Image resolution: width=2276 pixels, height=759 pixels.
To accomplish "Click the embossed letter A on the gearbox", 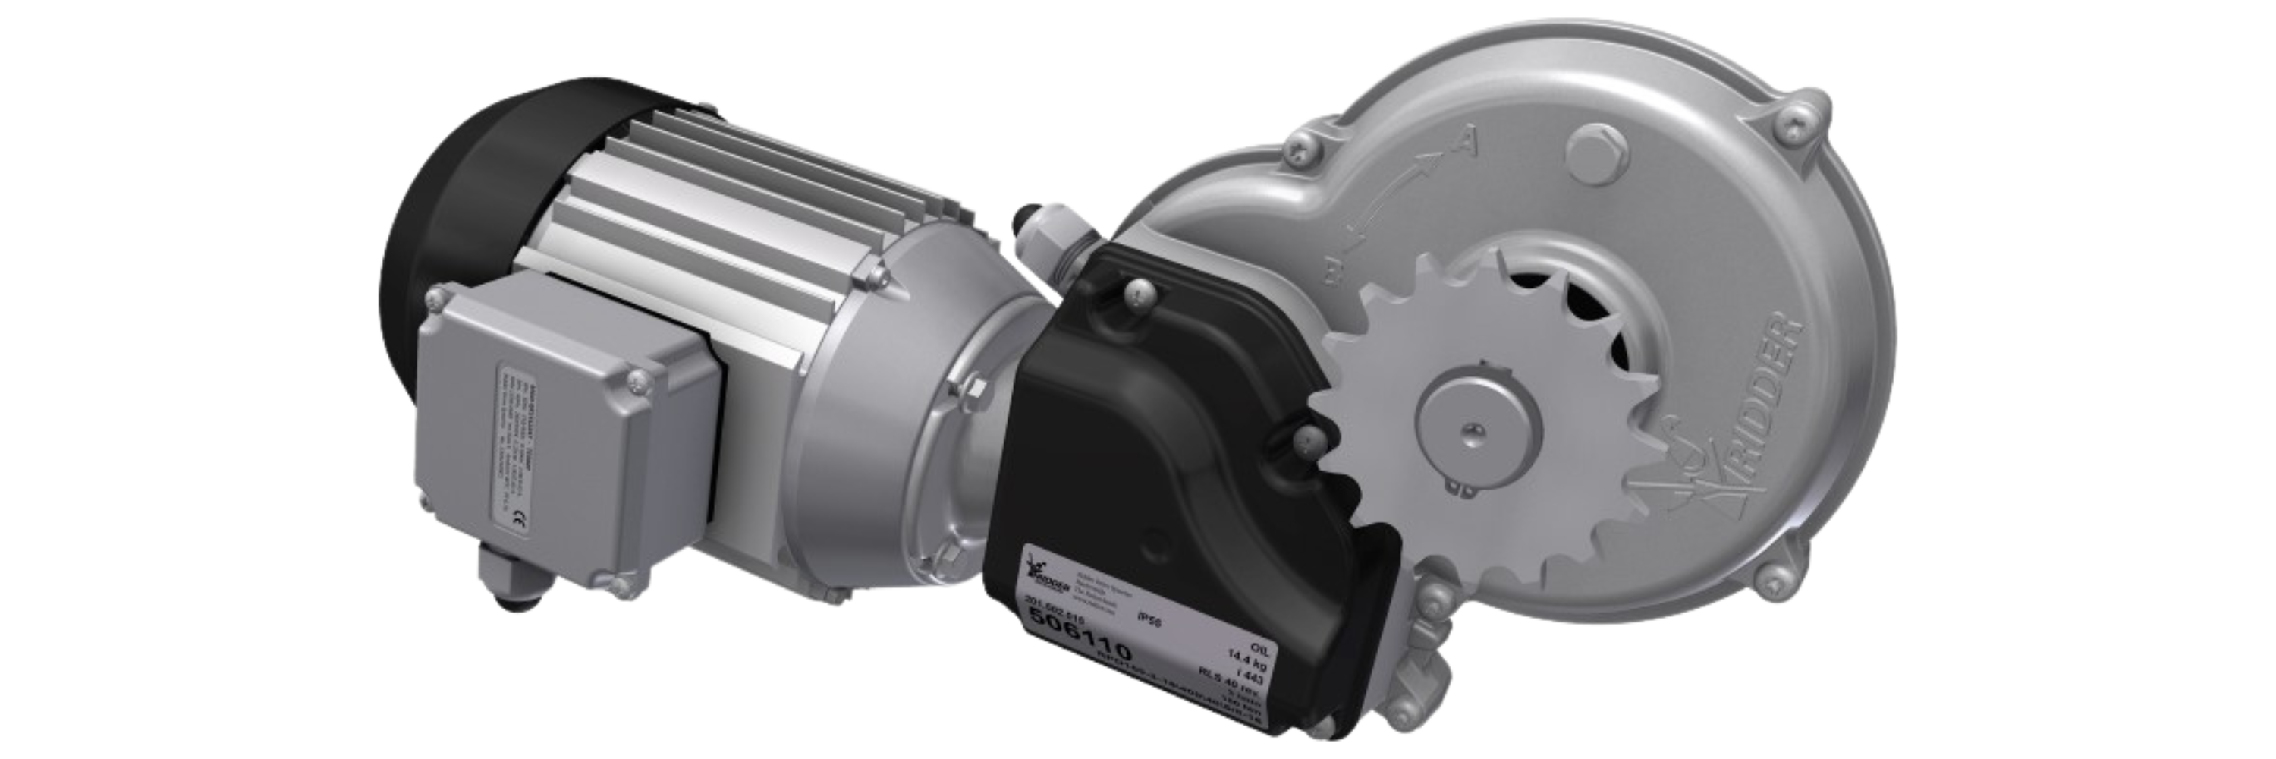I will (1466, 139).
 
